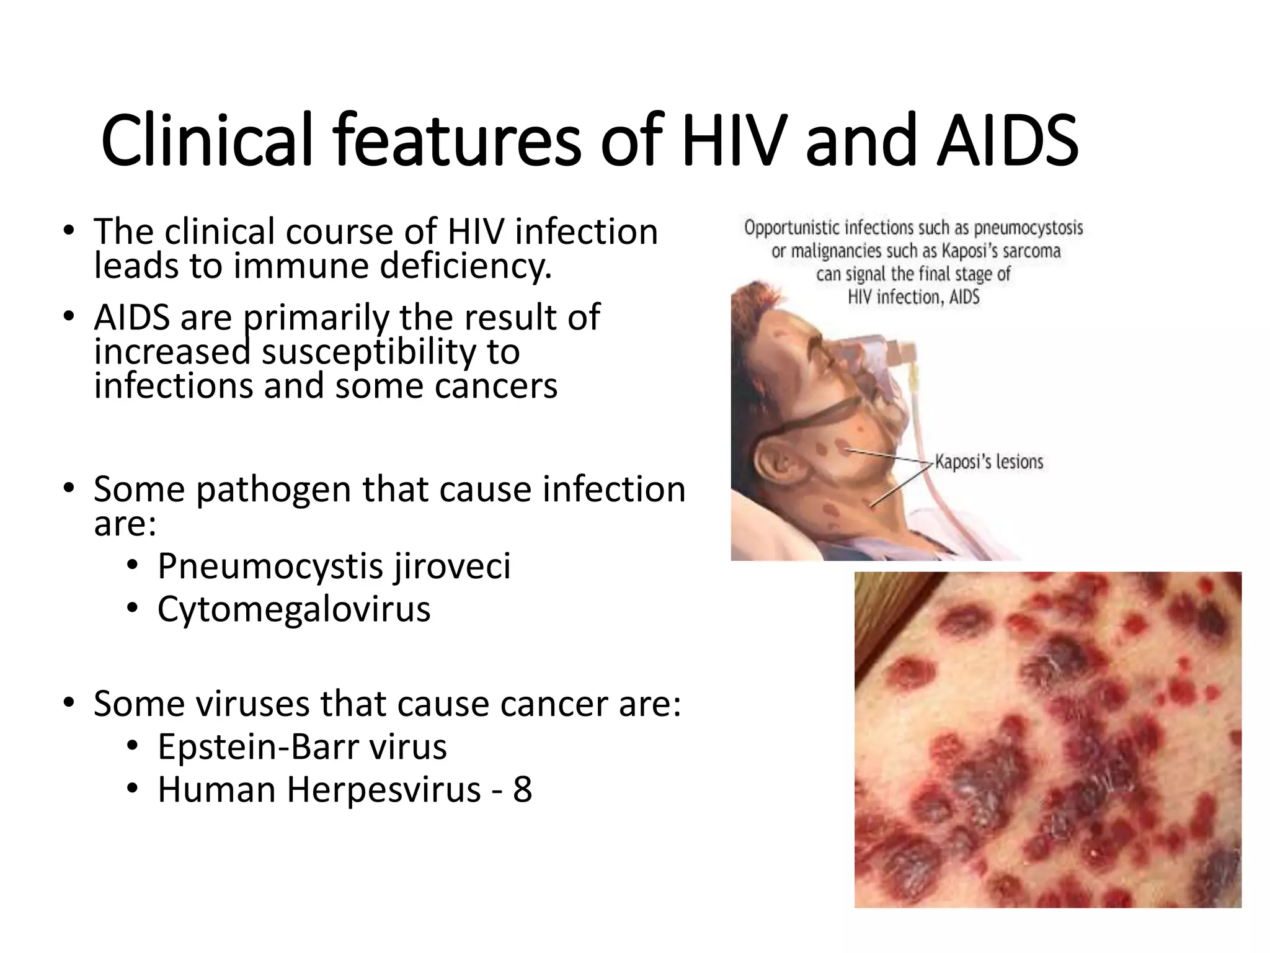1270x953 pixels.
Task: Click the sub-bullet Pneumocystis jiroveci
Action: click(334, 566)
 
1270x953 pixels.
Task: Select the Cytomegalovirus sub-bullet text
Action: click(293, 609)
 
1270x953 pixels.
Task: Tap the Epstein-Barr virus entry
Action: click(302, 746)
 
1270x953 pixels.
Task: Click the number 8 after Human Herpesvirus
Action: click(522, 789)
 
